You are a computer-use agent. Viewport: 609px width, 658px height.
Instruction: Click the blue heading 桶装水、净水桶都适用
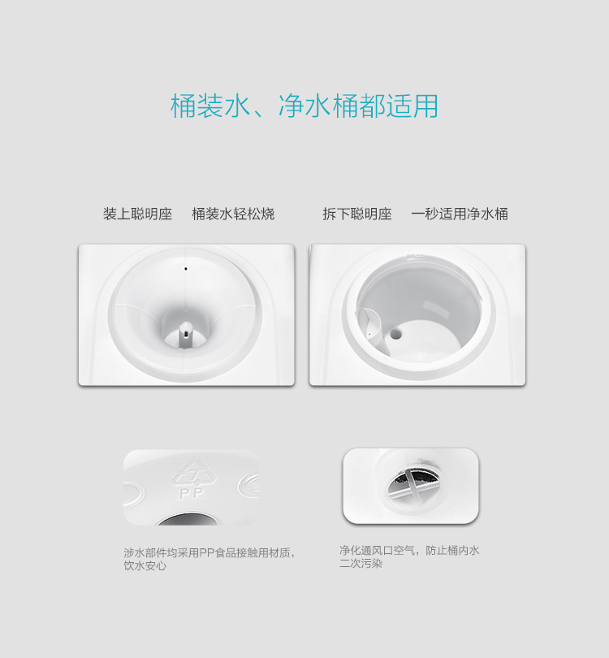tap(304, 106)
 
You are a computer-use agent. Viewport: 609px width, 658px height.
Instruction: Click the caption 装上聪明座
tap(137, 214)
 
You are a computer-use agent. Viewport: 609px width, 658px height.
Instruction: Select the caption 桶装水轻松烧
tap(233, 214)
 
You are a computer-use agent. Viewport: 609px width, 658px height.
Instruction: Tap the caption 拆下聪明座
tap(357, 214)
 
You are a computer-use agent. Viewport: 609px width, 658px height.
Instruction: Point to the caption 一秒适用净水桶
tap(460, 214)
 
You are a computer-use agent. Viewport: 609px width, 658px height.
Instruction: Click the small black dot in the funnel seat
tap(186, 269)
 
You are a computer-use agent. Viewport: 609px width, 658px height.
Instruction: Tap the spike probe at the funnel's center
tap(185, 334)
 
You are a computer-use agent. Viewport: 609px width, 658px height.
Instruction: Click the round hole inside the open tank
tap(395, 334)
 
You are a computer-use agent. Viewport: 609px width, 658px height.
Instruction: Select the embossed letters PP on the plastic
tap(191, 493)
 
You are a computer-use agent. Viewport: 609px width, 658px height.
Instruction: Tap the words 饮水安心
tap(145, 565)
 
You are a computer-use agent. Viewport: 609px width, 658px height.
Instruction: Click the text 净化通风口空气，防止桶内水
tap(409, 550)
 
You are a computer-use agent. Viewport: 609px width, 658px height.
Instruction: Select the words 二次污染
tap(361, 563)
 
